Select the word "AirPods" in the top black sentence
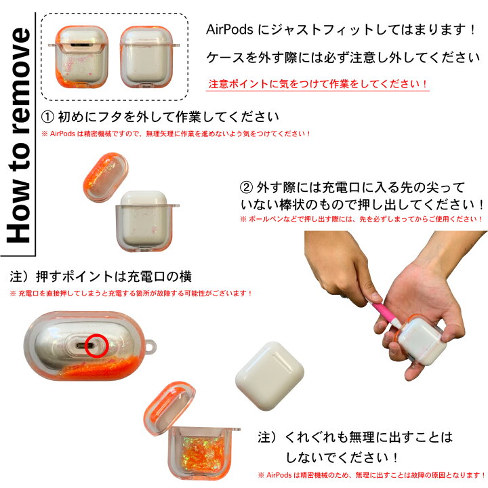pos(229,30)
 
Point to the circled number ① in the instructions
pos(48,117)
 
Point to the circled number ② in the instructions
pos(247,188)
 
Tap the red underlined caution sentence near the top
pos(318,85)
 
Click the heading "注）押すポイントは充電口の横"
pos(101,277)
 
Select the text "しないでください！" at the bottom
pos(339,457)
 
